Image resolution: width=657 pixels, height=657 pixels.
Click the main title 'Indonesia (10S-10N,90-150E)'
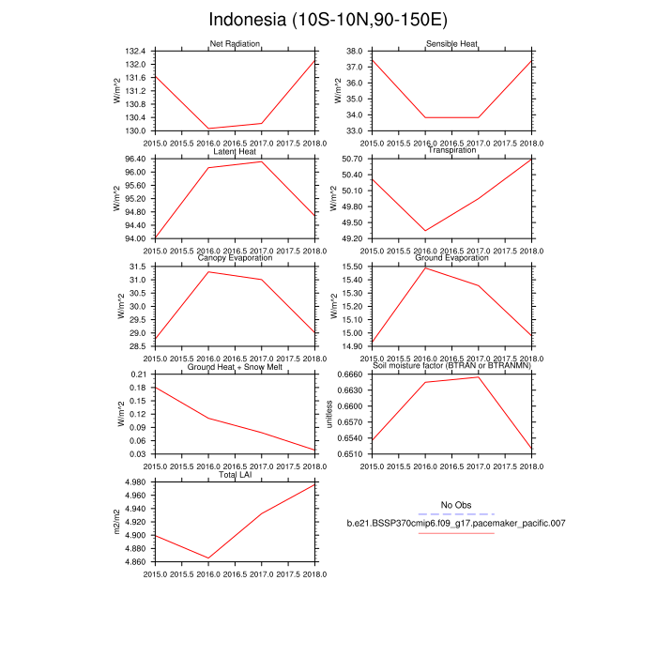[x=328, y=20]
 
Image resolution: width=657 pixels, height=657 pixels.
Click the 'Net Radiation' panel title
[x=235, y=44]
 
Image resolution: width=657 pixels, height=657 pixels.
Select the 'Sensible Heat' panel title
[x=452, y=44]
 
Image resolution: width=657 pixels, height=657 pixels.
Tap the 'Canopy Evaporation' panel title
[x=235, y=258]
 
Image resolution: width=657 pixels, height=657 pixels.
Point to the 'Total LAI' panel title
[x=235, y=475]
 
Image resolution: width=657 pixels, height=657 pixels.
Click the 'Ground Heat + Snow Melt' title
[x=235, y=367]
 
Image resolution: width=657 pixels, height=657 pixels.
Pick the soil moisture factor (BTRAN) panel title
[x=452, y=367]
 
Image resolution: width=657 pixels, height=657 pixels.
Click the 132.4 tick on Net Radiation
[x=137, y=51]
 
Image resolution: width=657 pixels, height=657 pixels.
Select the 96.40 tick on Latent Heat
[x=135, y=159]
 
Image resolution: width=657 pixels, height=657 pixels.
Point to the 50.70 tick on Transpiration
[x=356, y=159]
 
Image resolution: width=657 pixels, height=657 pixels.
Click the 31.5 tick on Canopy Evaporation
[x=139, y=267]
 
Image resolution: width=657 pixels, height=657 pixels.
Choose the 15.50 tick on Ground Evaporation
[x=356, y=267]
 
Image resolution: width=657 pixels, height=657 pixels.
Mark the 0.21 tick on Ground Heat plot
[x=139, y=375]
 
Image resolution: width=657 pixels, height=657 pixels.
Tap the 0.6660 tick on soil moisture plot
[x=353, y=375]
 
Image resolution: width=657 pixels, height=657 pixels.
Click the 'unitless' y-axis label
[x=329, y=414]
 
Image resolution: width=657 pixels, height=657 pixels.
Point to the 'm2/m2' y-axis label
[x=116, y=523]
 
